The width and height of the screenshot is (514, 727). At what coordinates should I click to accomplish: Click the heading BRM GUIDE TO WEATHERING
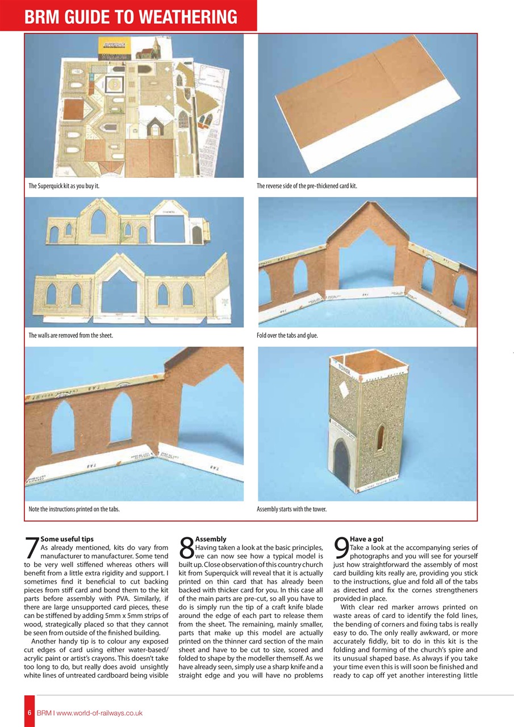pyautogui.click(x=131, y=16)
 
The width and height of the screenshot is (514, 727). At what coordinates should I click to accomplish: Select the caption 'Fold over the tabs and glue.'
pyautogui.click(x=287, y=336)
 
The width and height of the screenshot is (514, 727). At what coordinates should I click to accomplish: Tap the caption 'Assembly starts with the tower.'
pyautogui.click(x=291, y=509)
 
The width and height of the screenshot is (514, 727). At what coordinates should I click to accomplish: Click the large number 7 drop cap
pyautogui.click(x=32, y=548)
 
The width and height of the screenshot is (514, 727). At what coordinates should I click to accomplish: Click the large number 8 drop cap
pyautogui.click(x=186, y=548)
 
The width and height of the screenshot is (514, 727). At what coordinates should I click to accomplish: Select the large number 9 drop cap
pyautogui.click(x=341, y=548)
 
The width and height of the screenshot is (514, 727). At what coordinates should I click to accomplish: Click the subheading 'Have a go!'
pyautogui.click(x=367, y=538)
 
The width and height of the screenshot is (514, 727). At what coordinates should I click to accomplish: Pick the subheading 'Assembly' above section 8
pyautogui.click(x=211, y=538)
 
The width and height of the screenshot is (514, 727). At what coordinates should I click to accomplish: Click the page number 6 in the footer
pyautogui.click(x=28, y=713)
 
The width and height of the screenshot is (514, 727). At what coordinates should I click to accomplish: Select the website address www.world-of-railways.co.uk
pyautogui.click(x=99, y=713)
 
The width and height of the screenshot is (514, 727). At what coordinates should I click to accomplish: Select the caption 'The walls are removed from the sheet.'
pyautogui.click(x=70, y=336)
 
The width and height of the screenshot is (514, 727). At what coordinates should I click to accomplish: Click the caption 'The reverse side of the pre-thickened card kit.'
pyautogui.click(x=307, y=186)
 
